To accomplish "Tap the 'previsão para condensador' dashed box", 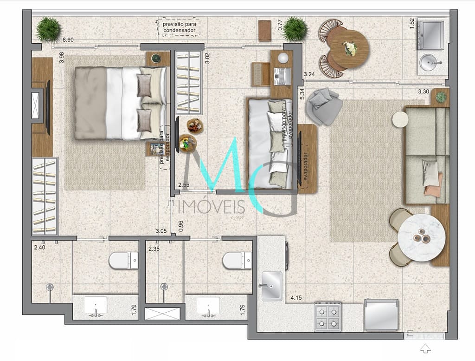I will (x=179, y=26).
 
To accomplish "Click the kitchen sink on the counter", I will (x=271, y=286).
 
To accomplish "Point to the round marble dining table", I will (x=422, y=237).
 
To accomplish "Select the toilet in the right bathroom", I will (x=237, y=260).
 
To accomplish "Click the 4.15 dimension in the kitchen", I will (x=297, y=297).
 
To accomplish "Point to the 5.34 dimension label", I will (x=302, y=94).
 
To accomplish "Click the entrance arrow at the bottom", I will (x=425, y=348).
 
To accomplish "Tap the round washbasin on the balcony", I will (x=430, y=62).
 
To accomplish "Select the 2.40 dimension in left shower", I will (x=40, y=248).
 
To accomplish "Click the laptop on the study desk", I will (x=282, y=75).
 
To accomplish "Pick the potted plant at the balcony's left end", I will (x=49, y=29).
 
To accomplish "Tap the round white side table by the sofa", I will (x=400, y=119).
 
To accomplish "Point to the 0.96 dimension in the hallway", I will (x=181, y=225).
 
